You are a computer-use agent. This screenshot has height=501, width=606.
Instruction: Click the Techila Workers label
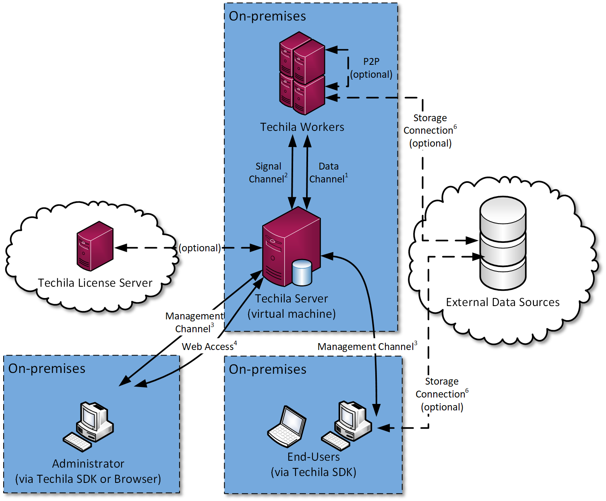[x=302, y=127]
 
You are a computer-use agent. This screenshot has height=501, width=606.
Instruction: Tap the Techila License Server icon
[x=95, y=246]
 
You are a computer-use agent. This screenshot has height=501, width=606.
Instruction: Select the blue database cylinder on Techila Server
[x=302, y=273]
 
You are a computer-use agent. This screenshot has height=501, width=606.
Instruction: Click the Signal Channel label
[x=268, y=173]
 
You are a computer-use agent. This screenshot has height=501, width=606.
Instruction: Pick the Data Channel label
[x=328, y=173]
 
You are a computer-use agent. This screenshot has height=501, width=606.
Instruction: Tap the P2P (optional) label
[x=371, y=68]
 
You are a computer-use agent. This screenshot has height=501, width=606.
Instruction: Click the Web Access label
[x=208, y=347]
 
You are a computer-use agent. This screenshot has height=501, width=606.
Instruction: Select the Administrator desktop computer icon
[x=89, y=426]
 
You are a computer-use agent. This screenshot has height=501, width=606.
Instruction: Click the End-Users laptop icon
[x=287, y=427]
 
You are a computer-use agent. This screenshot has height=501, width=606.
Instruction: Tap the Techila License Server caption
[x=95, y=283]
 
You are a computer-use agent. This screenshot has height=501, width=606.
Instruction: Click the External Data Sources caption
[x=503, y=302]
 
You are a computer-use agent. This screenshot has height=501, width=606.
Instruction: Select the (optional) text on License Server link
[x=200, y=248]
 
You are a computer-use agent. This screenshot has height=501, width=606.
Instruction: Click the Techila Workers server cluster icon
[x=302, y=73]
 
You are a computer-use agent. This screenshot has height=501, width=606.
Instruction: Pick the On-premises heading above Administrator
[x=47, y=369]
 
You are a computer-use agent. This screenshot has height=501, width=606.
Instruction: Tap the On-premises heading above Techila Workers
[x=267, y=16]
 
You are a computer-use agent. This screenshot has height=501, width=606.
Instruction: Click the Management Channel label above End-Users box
[x=367, y=347]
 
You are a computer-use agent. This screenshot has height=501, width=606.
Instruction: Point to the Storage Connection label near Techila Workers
[x=430, y=130]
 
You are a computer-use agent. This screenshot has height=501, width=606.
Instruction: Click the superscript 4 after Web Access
[x=236, y=343]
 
